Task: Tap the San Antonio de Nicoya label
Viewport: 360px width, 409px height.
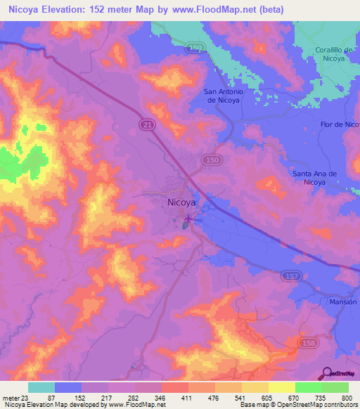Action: tap(223, 96)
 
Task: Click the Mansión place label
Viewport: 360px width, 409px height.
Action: tap(343, 301)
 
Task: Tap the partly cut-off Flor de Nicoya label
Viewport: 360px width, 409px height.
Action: tap(340, 124)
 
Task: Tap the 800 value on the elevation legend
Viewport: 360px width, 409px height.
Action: tap(347, 398)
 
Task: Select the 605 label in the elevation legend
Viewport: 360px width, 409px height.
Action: tap(257, 398)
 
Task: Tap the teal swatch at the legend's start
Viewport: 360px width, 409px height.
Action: tap(41, 387)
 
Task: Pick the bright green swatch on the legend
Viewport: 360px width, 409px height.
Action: tap(308, 387)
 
